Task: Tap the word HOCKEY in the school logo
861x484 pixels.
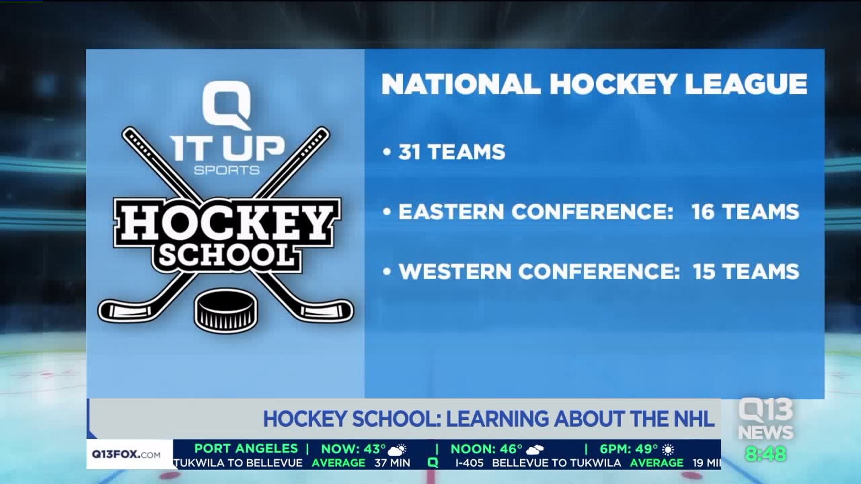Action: click(x=226, y=222)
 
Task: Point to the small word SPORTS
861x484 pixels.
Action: click(x=226, y=170)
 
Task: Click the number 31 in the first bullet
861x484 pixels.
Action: click(x=409, y=152)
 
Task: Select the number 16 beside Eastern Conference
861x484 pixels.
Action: click(x=703, y=212)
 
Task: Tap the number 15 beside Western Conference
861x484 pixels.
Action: click(x=704, y=272)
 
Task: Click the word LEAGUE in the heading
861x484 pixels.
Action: click(x=746, y=84)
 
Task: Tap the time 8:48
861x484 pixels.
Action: click(x=766, y=454)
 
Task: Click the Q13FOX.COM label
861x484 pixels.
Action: click(x=126, y=454)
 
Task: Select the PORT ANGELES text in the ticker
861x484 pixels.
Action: click(x=246, y=449)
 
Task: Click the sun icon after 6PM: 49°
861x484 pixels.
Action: click(x=668, y=449)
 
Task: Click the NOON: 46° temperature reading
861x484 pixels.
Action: click(x=487, y=449)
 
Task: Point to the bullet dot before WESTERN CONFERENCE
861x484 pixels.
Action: click(x=387, y=272)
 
